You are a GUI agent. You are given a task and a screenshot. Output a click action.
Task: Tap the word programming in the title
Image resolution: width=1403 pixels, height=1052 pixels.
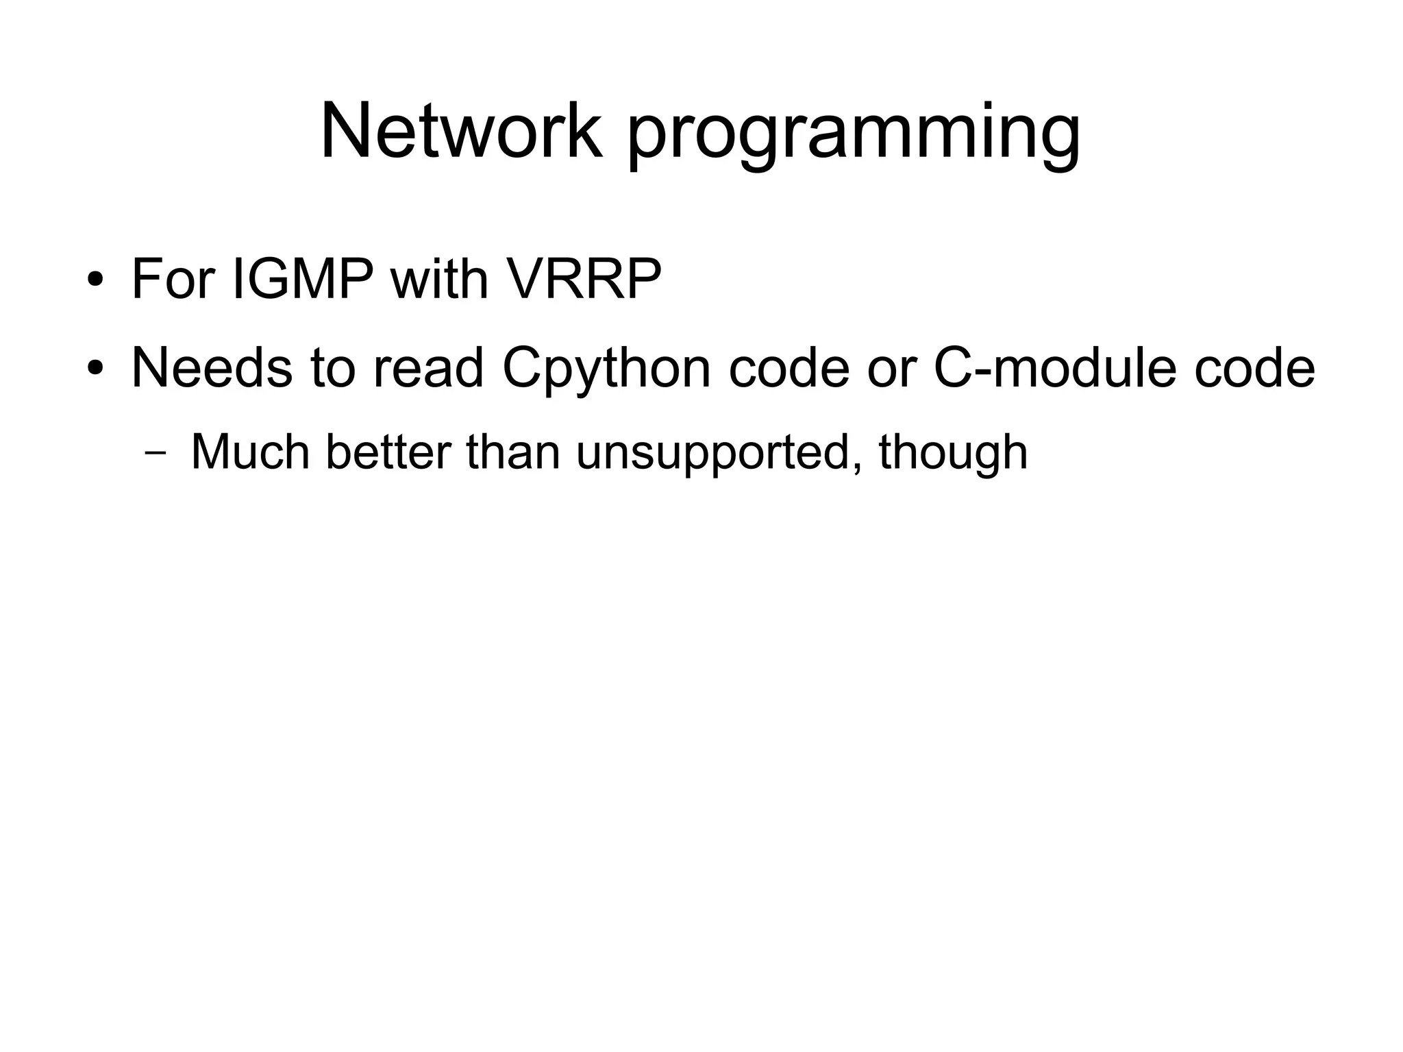coord(854,134)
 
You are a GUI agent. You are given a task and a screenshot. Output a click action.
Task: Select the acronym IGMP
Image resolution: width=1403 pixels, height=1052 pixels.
coord(303,279)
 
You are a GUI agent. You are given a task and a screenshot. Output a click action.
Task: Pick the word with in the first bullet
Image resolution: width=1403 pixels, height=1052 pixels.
coord(438,279)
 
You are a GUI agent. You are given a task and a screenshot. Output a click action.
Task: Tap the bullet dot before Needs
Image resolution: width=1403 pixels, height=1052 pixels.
coord(95,369)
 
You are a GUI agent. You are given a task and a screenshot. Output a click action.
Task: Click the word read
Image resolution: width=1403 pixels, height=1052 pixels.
coord(428,368)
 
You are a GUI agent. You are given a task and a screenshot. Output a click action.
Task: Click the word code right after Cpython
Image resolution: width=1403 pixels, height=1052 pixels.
coord(789,368)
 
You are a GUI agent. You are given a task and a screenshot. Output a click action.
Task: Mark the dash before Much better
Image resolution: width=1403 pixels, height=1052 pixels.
coord(156,454)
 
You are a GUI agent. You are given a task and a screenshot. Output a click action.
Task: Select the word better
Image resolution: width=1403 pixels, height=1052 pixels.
coord(388,452)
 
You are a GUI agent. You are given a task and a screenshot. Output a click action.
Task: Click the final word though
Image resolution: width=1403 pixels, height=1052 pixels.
coord(953,454)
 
